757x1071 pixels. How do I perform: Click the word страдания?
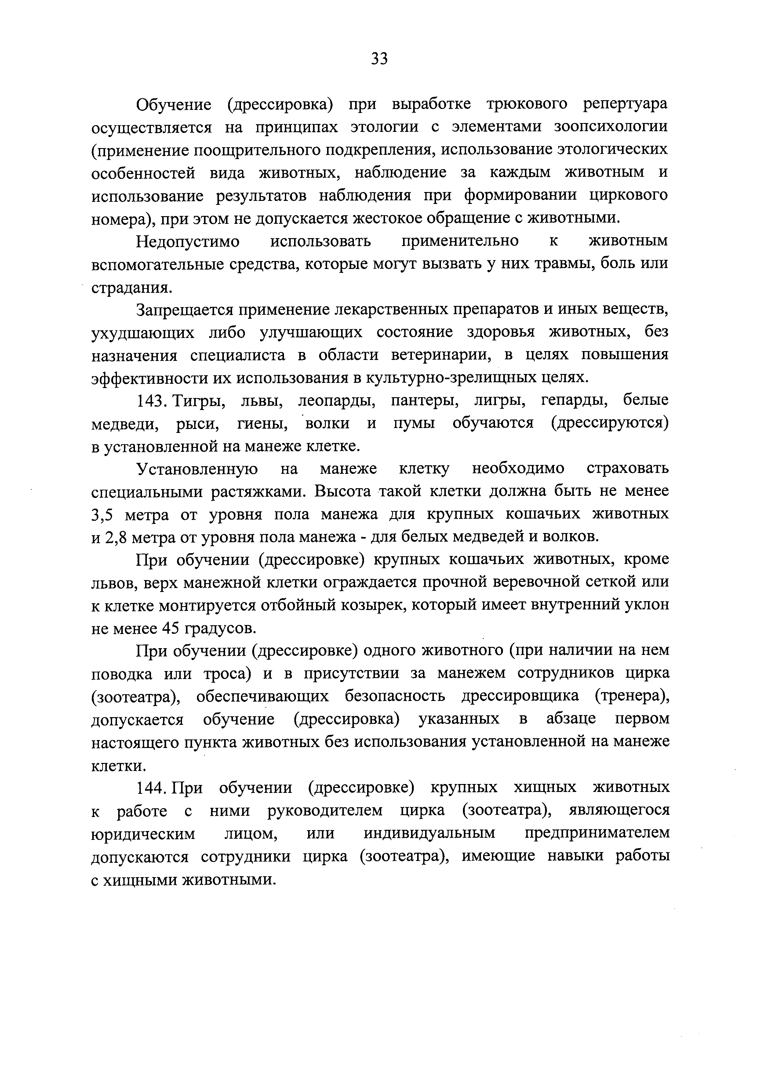131,288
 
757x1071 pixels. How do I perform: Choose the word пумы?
414,423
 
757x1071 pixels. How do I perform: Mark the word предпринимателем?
597,833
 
